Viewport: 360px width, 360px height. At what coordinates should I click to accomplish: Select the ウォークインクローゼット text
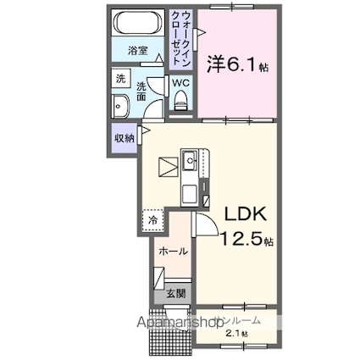point(180,34)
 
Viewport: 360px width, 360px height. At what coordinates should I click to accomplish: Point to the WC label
point(180,83)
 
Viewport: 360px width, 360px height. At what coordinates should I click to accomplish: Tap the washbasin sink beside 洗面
point(119,107)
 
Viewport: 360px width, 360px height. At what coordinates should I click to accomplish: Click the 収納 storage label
point(124,138)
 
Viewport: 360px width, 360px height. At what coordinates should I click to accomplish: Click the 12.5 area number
point(238,241)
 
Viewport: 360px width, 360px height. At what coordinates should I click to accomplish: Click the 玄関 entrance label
point(175,293)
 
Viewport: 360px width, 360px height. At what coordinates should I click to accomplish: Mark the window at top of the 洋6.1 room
point(238,8)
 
